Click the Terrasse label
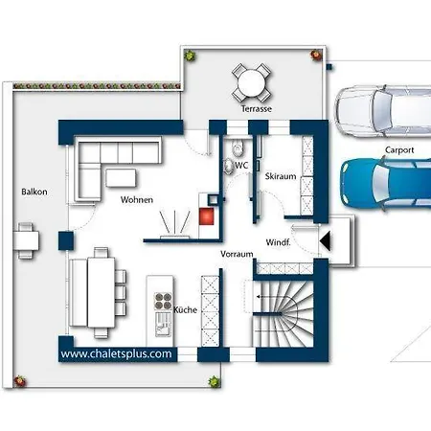click(257, 109)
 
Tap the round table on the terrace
click(252, 82)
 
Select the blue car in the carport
click(386, 184)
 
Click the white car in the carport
click(382, 111)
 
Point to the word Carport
click(399, 150)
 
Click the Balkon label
click(34, 192)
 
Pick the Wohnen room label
click(137, 200)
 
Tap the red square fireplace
click(206, 216)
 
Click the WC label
click(241, 166)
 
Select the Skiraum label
click(281, 176)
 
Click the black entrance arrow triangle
click(325, 240)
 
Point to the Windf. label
click(278, 242)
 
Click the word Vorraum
click(237, 254)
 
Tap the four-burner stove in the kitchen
click(163, 301)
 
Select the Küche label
click(185, 309)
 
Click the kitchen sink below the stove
click(163, 324)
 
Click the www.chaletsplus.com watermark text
click(116, 353)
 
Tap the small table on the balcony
click(26, 240)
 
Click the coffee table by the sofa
click(121, 178)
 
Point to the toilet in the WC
click(237, 148)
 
